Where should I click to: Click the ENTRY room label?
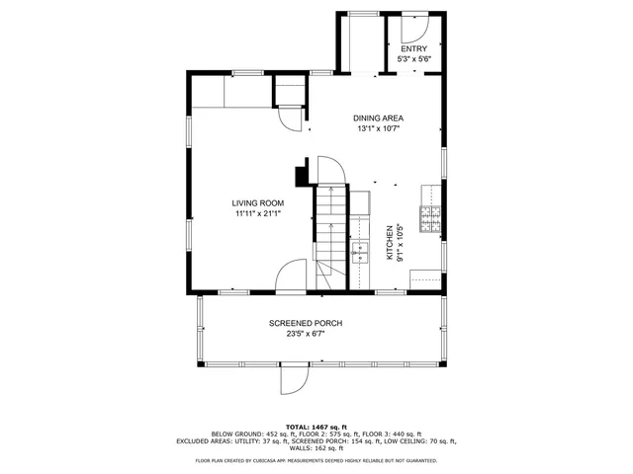(414, 48)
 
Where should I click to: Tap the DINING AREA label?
(379, 118)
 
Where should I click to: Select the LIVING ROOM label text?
(258, 203)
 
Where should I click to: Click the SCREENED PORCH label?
(306, 324)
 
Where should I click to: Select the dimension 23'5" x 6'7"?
(306, 334)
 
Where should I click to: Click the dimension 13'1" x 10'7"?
(379, 128)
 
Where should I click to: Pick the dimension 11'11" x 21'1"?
(258, 214)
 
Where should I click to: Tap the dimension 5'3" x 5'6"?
(414, 59)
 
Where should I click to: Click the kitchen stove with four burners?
(431, 219)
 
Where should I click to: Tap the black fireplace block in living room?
(301, 176)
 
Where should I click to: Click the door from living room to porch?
(293, 276)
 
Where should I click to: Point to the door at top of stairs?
(330, 170)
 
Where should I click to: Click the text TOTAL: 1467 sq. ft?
(316, 426)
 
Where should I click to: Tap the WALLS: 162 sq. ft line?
(316, 448)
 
